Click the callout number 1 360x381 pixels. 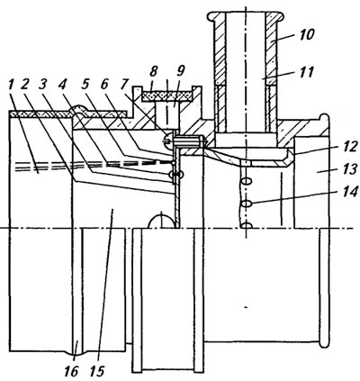click(x=12, y=86)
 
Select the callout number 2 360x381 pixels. click(x=25, y=86)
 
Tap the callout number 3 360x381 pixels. click(x=43, y=86)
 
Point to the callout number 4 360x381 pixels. click(x=62, y=86)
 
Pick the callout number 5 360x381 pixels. click(x=85, y=86)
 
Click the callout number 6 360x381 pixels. click(x=103, y=86)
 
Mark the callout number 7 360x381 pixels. click(x=123, y=86)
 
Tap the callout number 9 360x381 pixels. click(x=180, y=71)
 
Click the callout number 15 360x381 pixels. click(x=96, y=371)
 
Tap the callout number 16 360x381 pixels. click(x=71, y=371)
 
